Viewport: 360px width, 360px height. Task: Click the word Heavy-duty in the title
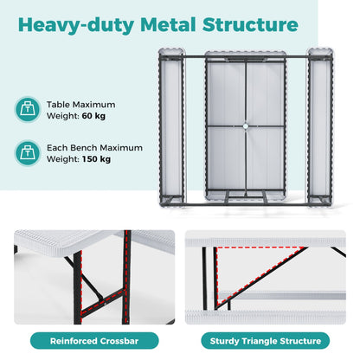coord(76,25)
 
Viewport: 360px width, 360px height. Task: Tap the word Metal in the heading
coord(168,25)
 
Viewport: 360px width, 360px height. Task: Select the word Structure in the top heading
coord(250,25)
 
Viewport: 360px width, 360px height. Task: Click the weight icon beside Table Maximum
coord(28,109)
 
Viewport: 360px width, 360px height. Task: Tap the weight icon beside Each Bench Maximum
coord(28,153)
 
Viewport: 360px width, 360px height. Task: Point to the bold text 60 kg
coord(93,116)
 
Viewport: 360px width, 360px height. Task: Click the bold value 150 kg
coord(96,159)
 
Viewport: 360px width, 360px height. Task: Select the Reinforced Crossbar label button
coord(94,341)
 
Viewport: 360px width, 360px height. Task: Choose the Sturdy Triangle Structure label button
coord(266,341)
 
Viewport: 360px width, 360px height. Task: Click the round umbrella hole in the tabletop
coord(246,126)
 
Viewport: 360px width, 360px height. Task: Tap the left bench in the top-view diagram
coord(170,127)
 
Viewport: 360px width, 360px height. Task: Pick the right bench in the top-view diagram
coord(320,127)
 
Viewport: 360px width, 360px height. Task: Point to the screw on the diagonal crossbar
coord(105,304)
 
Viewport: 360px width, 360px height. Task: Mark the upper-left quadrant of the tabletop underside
coord(226,93)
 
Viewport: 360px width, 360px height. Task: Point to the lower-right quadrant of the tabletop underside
coord(266,158)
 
